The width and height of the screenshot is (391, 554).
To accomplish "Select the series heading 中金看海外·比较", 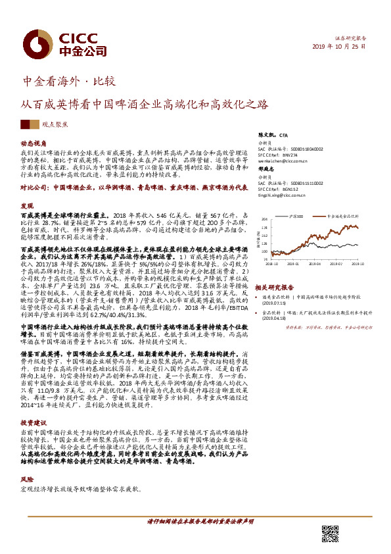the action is pos(69,82).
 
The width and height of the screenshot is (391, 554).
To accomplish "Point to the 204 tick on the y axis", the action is pos(265,220).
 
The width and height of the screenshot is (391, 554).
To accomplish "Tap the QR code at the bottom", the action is pos(330,535).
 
